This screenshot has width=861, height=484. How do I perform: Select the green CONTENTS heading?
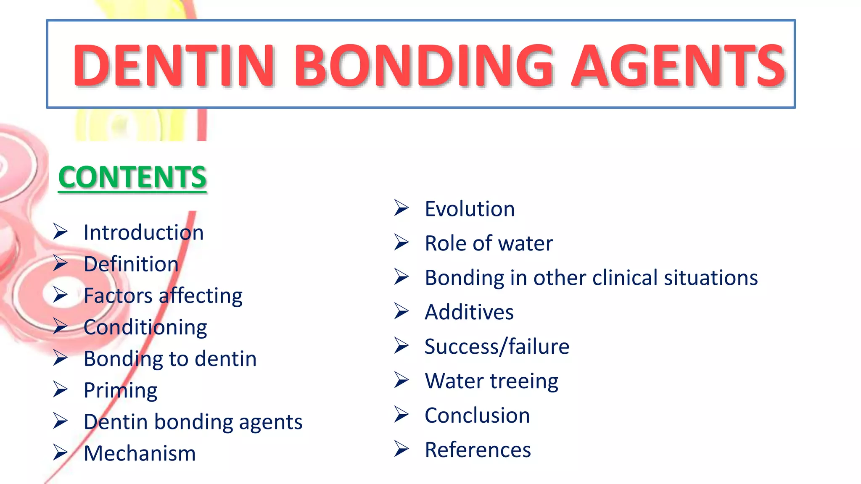(132, 177)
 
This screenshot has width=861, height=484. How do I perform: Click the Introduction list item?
(143, 232)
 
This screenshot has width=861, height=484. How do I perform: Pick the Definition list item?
(131, 264)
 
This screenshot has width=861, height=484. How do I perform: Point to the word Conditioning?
(145, 327)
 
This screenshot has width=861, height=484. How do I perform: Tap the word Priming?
(120, 391)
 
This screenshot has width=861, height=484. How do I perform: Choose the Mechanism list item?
(140, 453)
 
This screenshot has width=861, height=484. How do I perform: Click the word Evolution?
(470, 209)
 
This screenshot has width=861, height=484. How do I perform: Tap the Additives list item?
(469, 312)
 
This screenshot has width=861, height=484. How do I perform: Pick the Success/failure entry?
(497, 347)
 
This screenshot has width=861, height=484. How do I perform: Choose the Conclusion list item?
(477, 416)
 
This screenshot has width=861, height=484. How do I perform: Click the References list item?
(478, 450)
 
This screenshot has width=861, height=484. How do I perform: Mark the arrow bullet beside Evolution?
(401, 208)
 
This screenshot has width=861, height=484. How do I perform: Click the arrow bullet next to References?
(401, 449)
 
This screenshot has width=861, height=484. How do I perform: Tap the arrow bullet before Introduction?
(61, 232)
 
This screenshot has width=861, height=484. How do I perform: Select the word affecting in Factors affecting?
(201, 296)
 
